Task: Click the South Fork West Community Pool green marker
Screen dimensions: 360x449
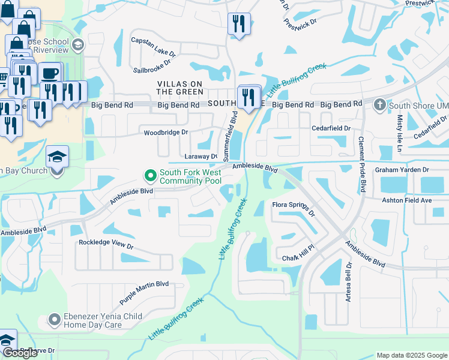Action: click(x=151, y=176)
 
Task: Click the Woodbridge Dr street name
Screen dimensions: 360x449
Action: click(x=165, y=132)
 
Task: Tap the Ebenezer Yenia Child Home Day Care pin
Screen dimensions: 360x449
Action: click(x=55, y=319)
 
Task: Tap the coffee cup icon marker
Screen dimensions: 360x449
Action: click(x=49, y=74)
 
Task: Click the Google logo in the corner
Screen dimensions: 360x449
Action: click(x=20, y=352)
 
